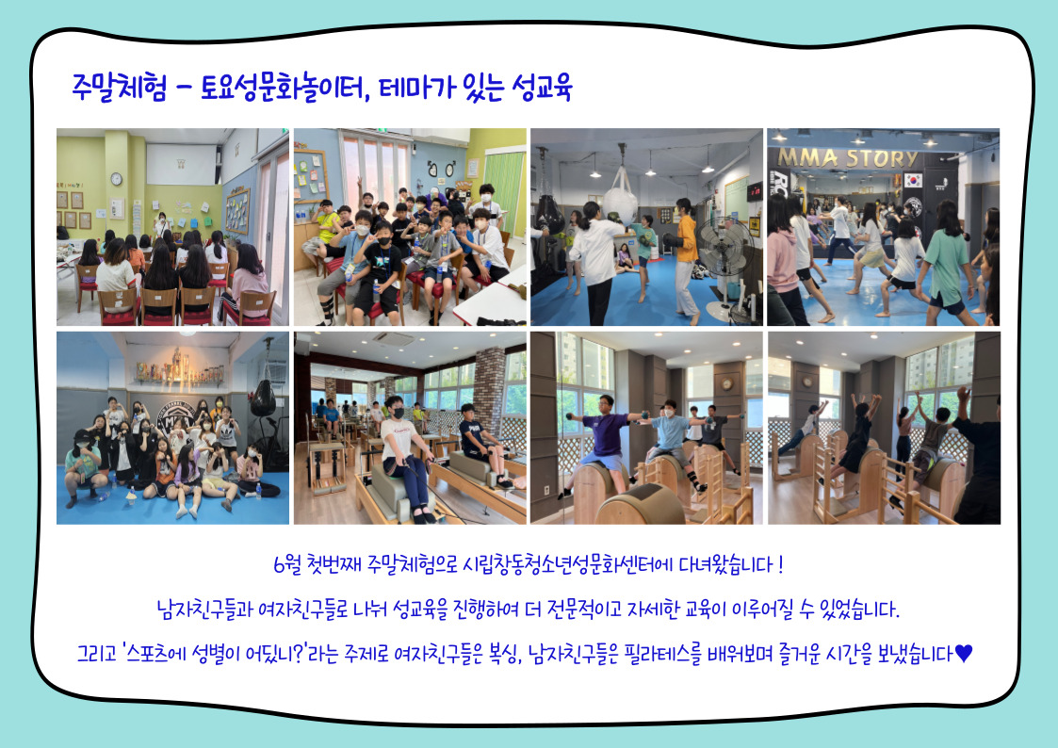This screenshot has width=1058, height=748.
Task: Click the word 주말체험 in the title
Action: click(119, 88)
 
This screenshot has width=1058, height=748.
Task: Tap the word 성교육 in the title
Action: click(542, 88)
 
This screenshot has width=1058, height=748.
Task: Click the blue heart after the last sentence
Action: click(964, 653)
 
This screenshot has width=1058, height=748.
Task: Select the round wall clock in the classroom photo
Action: click(116, 179)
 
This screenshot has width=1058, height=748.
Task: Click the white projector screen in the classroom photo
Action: click(181, 164)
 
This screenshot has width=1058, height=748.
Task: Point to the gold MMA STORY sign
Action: click(848, 158)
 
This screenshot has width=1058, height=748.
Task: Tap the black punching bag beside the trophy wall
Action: click(263, 398)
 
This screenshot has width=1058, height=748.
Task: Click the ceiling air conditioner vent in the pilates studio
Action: click(393, 338)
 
